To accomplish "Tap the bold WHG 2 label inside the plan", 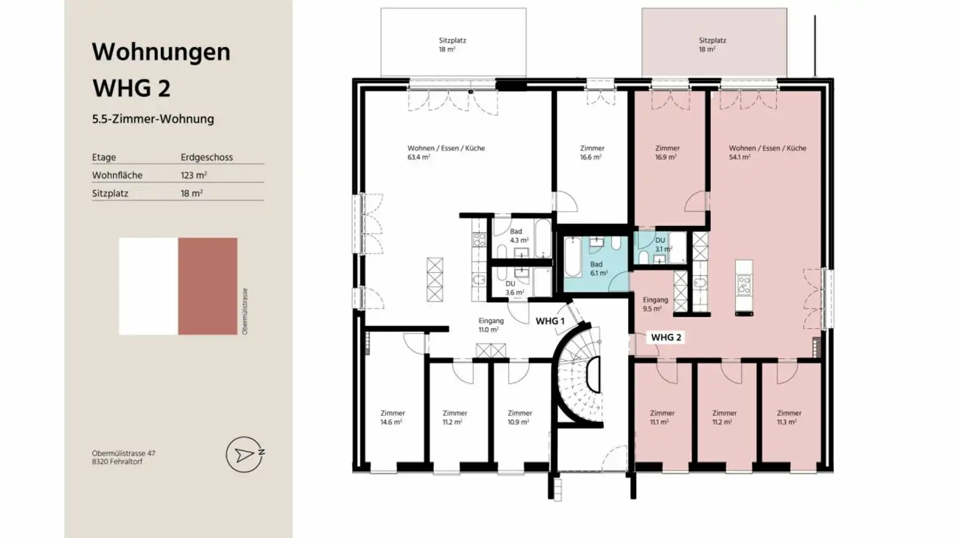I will pyautogui.click(x=666, y=337).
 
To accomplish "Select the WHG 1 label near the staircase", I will pyautogui.click(x=550, y=320).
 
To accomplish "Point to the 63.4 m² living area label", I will pyautogui.click(x=446, y=153).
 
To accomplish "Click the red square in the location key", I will pyautogui.click(x=207, y=286).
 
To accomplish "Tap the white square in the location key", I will pyautogui.click(x=148, y=286).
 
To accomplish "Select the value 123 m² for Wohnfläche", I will pyautogui.click(x=191, y=175).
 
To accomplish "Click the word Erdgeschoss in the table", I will pyautogui.click(x=206, y=157).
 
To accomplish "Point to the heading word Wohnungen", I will pyautogui.click(x=161, y=52).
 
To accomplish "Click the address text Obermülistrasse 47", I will pyautogui.click(x=124, y=453).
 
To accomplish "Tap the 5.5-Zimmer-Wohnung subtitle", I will pyautogui.click(x=153, y=120).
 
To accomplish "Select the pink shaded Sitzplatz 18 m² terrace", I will pyautogui.click(x=714, y=44).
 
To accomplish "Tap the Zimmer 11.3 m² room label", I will pyautogui.click(x=789, y=417).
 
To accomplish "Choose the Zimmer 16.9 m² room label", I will pyautogui.click(x=667, y=153).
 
